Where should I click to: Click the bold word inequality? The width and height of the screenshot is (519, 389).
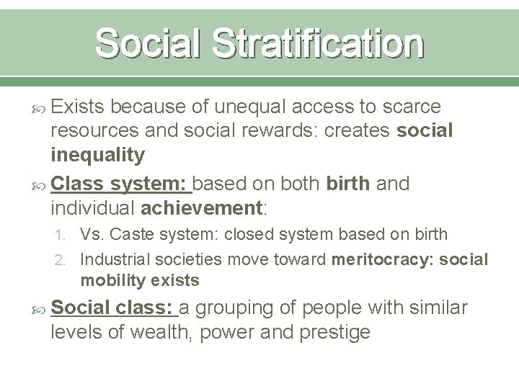[98, 154]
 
